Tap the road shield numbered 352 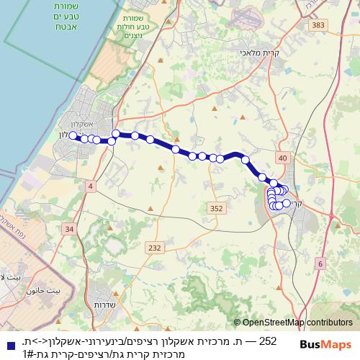pos(216,207)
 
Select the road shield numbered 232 pos(154,248)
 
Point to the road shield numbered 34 pos(68,229)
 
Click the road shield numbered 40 pos(282,158)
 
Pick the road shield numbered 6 pos(320,264)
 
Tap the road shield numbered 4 pos(90,186)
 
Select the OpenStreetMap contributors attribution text pos(296,323)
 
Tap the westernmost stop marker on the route pos(73,135)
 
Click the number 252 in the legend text pos(267,341)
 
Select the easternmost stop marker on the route pos(287,203)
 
